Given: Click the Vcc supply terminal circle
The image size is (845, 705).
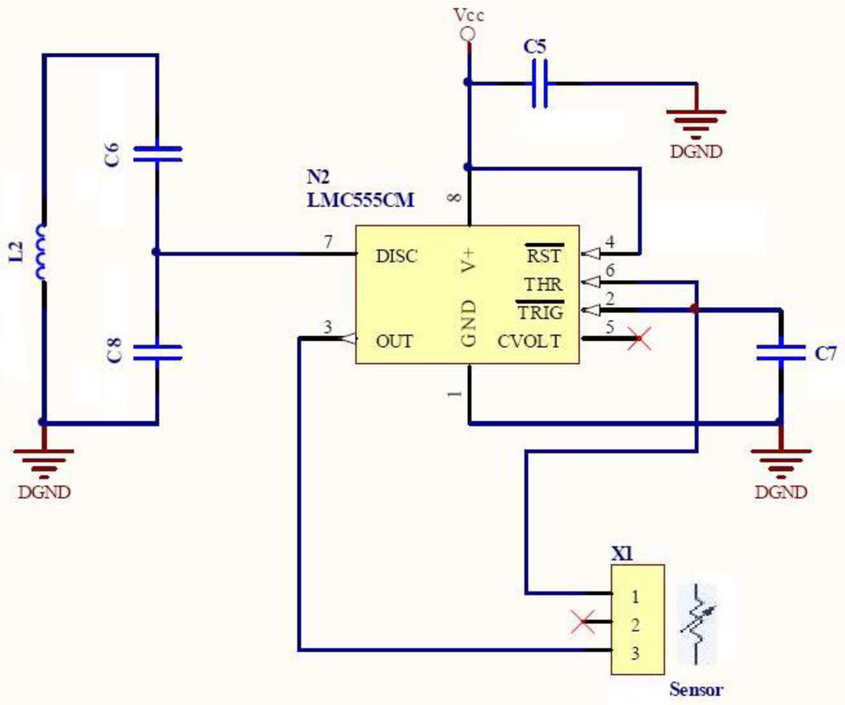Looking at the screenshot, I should [466, 34].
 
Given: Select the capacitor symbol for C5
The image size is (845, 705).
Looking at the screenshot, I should [540, 84].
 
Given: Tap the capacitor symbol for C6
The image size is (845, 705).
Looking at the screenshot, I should [157, 154].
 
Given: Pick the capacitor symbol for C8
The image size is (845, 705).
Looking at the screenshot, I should [157, 352].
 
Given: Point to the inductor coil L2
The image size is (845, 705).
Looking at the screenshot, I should [43, 252].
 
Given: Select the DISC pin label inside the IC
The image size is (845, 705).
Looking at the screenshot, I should [397, 256].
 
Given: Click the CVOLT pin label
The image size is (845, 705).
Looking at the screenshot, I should [530, 342].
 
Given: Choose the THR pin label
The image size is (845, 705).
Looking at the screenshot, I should [543, 284].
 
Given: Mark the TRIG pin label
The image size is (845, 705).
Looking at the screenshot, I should [540, 312].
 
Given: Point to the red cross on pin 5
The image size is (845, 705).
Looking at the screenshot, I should [639, 340].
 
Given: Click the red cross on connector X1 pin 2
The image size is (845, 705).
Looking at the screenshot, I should [583, 623].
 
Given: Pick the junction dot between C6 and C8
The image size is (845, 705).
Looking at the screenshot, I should [156, 252].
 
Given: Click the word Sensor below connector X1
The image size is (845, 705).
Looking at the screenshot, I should [696, 688].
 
